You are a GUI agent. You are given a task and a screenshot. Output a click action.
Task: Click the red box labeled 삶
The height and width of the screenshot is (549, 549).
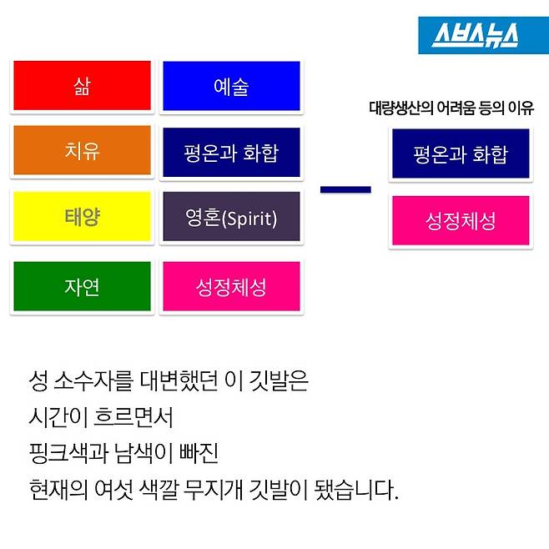point(82,86)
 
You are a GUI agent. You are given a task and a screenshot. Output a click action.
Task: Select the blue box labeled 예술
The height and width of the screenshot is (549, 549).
point(230,86)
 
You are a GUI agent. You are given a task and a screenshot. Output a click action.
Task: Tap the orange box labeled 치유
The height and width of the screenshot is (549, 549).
point(82,151)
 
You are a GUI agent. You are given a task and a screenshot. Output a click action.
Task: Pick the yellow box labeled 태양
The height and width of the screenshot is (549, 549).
point(82,217)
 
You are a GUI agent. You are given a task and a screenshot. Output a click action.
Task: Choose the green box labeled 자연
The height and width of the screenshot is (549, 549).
point(82,287)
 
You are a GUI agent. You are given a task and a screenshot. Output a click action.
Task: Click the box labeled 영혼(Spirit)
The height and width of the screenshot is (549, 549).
point(230,217)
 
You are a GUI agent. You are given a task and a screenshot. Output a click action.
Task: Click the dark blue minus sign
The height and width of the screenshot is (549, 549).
point(345,189)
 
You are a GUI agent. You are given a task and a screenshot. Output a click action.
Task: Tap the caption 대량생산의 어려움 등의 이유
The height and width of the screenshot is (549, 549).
point(451,108)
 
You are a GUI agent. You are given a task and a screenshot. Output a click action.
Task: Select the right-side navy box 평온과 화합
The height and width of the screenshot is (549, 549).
point(460,154)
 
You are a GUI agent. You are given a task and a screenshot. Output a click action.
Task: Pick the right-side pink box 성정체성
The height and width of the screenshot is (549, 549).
point(460,221)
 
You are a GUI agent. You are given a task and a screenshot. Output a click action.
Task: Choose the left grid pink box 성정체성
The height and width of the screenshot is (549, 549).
point(230,287)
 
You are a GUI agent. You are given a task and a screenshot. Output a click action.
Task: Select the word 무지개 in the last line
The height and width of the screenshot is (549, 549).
point(250,489)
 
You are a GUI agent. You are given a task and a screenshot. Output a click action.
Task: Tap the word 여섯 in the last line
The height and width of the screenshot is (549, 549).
point(133,489)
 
